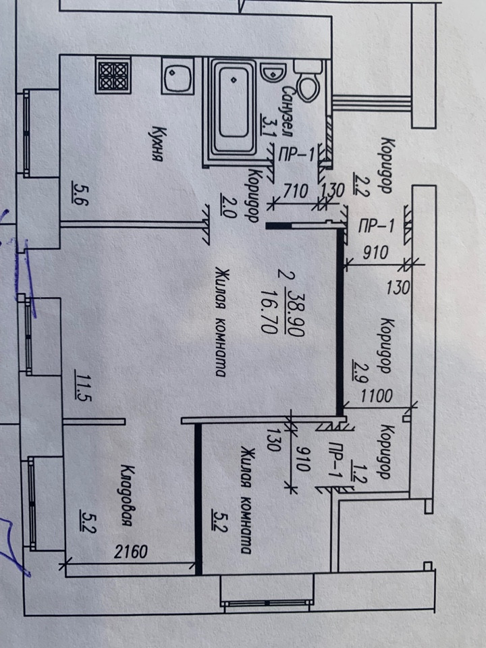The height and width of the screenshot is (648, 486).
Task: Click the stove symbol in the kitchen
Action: (x=113, y=76)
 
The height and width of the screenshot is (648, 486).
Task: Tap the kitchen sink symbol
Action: (x=178, y=76)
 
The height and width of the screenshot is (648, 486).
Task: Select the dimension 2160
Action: (x=129, y=553)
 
